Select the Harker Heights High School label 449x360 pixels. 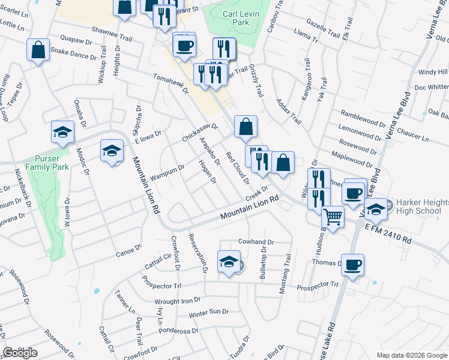420,207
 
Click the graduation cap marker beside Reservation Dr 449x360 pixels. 228,262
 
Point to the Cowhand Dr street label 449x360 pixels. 256,242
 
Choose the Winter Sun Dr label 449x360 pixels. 209,313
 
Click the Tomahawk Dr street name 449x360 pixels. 171,84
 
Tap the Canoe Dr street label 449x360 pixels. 128,250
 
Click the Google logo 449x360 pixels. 20,353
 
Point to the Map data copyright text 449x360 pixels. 411,355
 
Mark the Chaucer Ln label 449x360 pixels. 417,139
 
